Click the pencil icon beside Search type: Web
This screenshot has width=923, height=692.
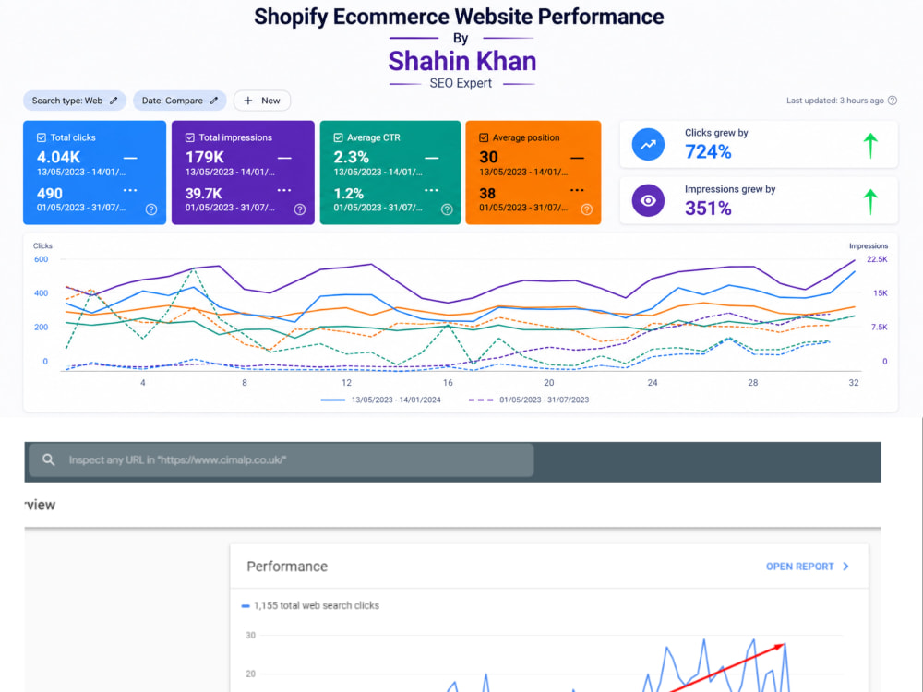(x=114, y=101)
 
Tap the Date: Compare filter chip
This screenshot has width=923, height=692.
(x=180, y=101)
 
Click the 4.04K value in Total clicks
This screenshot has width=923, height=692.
(x=58, y=157)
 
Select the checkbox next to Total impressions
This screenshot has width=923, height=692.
(x=189, y=137)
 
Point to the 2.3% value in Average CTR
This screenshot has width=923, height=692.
(x=352, y=157)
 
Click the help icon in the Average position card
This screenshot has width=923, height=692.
(x=587, y=209)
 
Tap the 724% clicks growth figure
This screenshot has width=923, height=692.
(x=708, y=152)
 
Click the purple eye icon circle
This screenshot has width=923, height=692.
(x=648, y=200)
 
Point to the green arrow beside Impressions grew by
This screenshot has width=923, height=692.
(x=870, y=202)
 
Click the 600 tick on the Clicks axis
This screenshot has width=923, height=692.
(x=41, y=259)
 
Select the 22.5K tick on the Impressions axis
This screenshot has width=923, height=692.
(x=877, y=259)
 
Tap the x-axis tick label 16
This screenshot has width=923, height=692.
(x=448, y=383)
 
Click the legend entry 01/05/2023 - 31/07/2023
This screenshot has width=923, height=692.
(x=544, y=400)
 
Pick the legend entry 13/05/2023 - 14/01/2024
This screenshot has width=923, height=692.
(x=396, y=400)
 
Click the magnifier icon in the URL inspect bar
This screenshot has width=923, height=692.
(x=49, y=459)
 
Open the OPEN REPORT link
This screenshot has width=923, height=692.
(x=807, y=567)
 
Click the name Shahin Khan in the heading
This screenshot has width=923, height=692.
(x=462, y=61)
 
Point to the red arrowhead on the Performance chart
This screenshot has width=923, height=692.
(x=779, y=647)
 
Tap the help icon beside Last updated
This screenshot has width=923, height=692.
(x=893, y=101)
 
